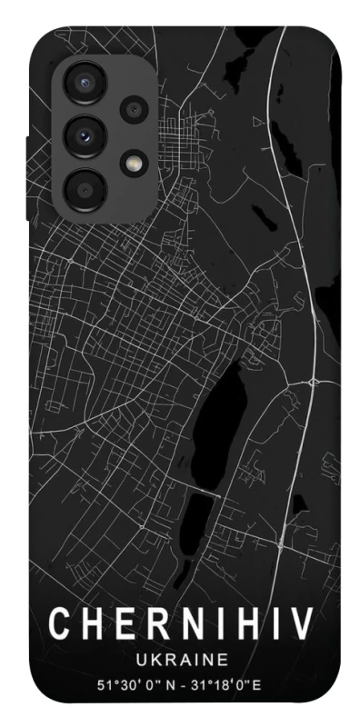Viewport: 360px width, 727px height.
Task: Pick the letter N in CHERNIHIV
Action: pos(183,623)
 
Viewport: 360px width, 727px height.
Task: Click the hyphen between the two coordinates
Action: pos(183,682)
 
